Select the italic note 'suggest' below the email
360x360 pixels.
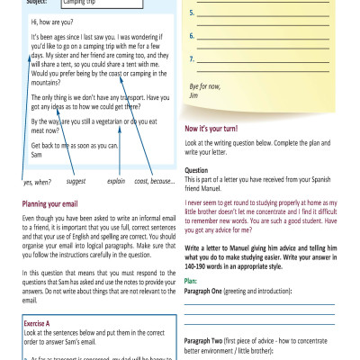(76, 181)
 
